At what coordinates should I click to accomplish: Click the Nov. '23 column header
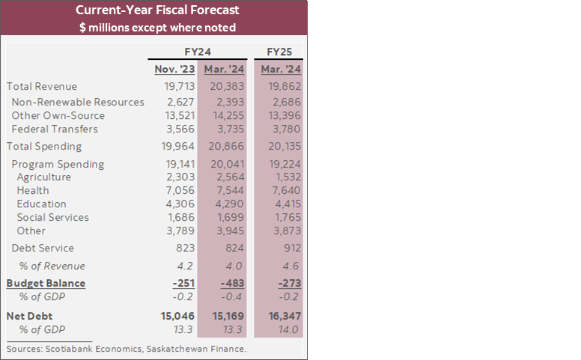176,70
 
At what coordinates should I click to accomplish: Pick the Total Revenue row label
42,87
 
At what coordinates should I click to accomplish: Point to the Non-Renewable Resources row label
78,102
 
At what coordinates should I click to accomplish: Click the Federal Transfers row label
55,129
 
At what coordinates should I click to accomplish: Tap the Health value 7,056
180,191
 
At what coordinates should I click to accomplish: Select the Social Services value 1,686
180,218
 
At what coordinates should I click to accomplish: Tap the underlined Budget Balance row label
46,284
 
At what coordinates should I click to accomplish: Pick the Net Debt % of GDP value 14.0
288,330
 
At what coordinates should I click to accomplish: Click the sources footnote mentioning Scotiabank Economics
127,349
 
